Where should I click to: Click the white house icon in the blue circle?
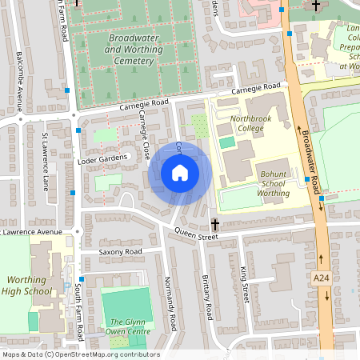180,173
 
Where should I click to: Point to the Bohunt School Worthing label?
274,183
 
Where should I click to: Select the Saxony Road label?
120,252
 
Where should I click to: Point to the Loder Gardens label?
102,160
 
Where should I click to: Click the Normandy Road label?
170,303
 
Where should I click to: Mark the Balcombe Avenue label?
20,76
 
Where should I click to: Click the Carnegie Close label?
144,133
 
